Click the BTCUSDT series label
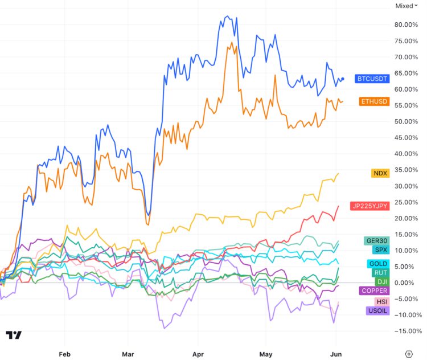tap(372, 78)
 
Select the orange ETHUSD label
tap(374, 101)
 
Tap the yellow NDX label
tap(380, 173)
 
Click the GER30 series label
tap(376, 241)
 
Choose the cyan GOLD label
tap(379, 264)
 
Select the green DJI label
tap(381, 281)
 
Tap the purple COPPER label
tap(375, 291)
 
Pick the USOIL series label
tap(377, 310)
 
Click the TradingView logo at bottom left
tap(14, 335)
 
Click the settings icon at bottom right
tap(409, 353)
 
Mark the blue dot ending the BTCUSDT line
tap(342, 79)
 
